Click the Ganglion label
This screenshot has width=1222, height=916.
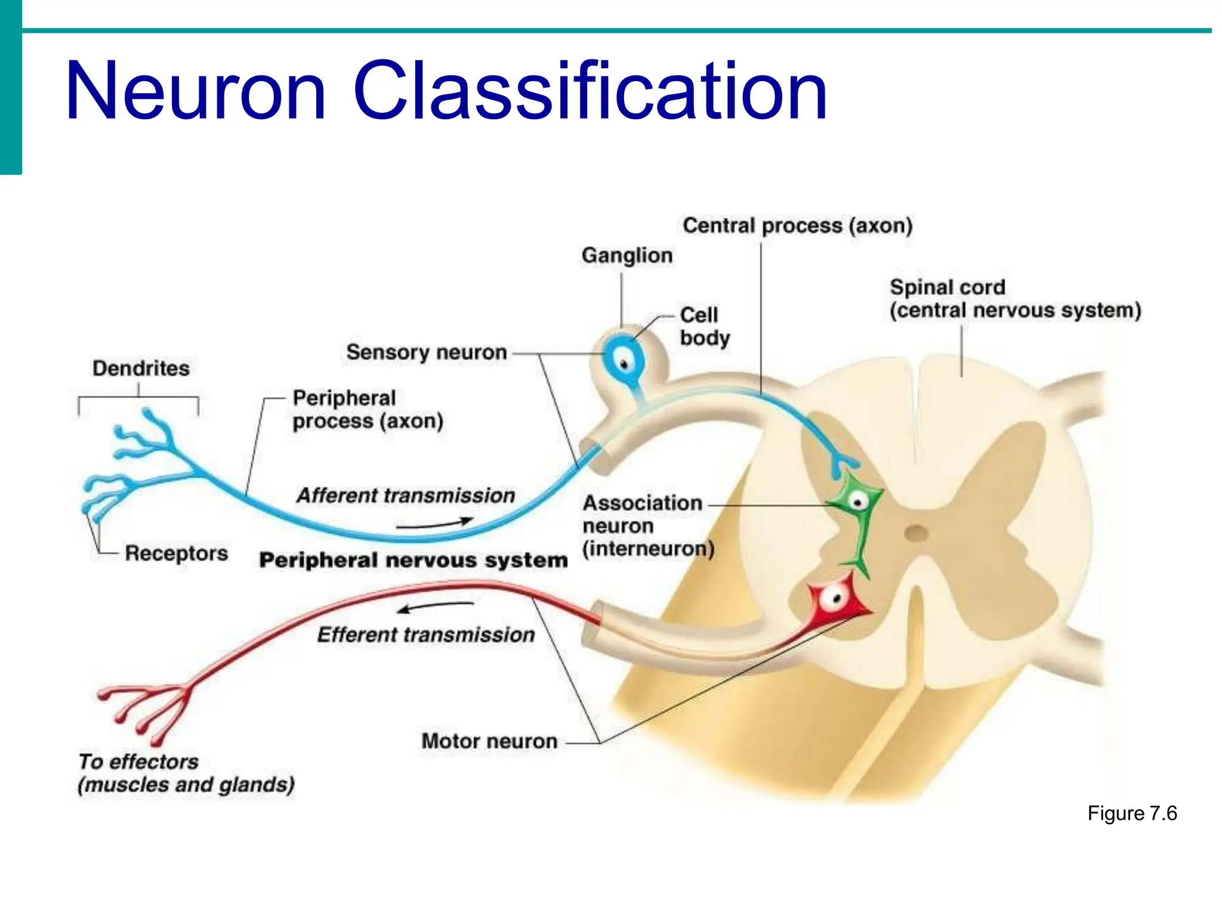click(627, 255)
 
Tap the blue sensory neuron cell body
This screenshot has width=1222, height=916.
click(624, 361)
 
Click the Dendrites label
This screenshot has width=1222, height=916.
click(141, 368)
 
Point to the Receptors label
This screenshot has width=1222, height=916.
click(176, 553)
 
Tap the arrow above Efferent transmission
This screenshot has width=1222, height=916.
click(436, 607)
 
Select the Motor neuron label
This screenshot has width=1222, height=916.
click(489, 741)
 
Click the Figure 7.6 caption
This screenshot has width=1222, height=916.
click(1131, 813)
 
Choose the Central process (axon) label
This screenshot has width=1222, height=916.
click(797, 225)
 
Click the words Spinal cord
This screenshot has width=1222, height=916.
click(948, 287)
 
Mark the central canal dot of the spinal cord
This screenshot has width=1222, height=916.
click(916, 533)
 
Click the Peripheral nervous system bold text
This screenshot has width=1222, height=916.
click(413, 560)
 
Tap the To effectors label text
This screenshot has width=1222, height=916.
click(138, 762)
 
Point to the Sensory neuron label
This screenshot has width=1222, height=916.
click(426, 352)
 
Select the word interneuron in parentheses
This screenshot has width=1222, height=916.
click(648, 549)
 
